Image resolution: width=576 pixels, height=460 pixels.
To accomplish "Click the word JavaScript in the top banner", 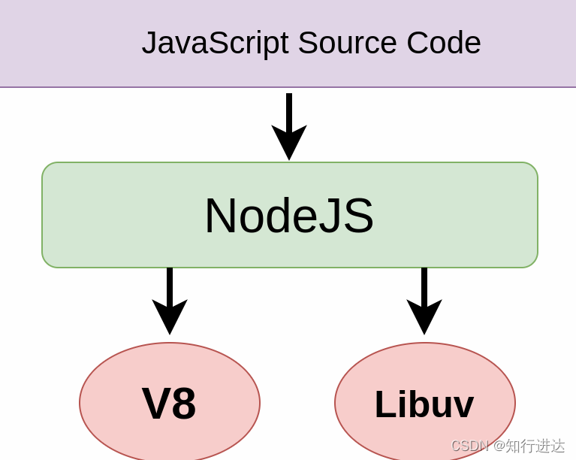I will pos(215,43).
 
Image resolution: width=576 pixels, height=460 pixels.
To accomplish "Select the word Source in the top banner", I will pos(347,43).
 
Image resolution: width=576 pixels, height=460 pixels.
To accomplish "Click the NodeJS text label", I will pos(288,216).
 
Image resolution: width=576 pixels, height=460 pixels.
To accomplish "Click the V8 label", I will pos(169,404).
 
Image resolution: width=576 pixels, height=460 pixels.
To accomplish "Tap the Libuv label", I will pos(424,404).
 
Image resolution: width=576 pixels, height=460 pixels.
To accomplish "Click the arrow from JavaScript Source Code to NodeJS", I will pos(289,113).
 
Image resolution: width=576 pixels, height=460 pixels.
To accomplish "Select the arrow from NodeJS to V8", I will pos(170,286).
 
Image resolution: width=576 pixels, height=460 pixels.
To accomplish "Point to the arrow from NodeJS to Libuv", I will pos(424,286).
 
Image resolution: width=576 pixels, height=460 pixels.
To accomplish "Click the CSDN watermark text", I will pos(470,446).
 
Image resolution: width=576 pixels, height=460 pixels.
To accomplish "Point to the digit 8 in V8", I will pos(183,404).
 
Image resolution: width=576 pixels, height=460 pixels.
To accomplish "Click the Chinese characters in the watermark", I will pos(535,446).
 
